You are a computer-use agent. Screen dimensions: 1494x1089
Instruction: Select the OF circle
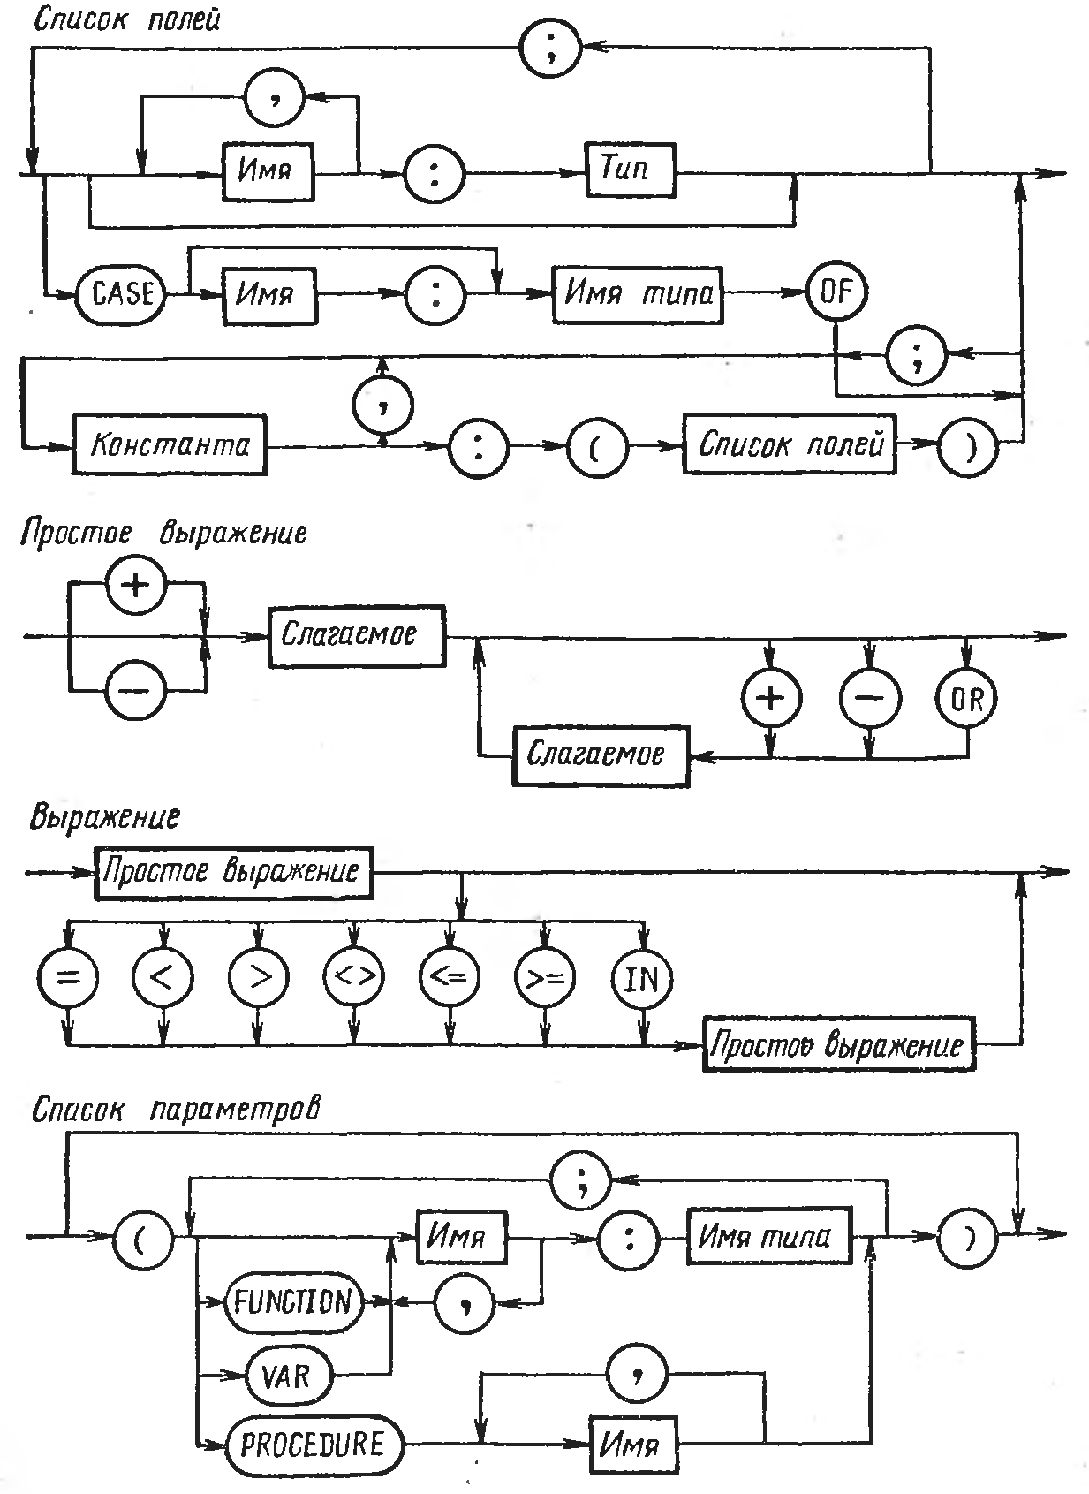point(835,292)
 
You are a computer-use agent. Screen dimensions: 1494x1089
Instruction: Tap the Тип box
point(630,170)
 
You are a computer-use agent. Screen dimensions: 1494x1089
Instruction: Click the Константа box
point(170,444)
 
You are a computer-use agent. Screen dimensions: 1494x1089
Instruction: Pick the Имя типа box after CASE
point(637,294)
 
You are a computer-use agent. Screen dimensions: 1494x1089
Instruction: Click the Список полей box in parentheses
point(790,444)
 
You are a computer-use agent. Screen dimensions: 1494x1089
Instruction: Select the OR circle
point(966,700)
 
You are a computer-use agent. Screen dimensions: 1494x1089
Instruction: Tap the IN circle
point(642,979)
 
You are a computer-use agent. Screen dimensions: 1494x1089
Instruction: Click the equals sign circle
point(68,979)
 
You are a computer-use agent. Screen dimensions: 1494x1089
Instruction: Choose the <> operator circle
point(354,979)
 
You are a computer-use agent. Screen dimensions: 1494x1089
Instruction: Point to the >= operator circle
point(545,979)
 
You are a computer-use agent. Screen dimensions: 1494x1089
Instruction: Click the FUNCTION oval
point(293,1301)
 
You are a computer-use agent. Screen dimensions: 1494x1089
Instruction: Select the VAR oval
point(286,1376)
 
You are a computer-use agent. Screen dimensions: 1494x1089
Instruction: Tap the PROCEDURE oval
point(312,1446)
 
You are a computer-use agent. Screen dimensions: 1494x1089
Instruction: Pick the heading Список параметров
point(174,1110)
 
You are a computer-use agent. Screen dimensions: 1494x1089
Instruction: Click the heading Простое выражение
point(164,534)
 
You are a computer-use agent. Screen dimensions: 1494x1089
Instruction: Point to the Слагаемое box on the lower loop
point(599,755)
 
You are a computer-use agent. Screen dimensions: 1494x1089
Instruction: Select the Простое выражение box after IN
point(837,1045)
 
